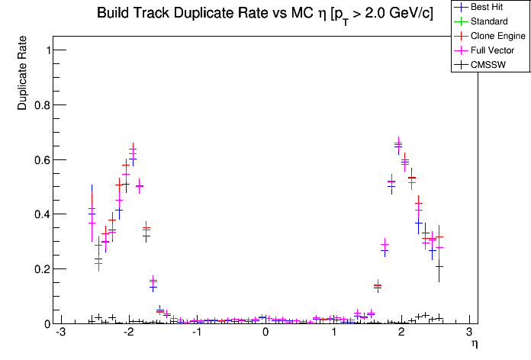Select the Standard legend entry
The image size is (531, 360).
tap(489, 21)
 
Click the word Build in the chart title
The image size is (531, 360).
tap(114, 14)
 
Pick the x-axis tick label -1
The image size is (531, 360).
tap(195, 333)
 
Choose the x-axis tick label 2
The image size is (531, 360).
tap(401, 333)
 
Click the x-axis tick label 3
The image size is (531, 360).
tap(469, 333)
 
